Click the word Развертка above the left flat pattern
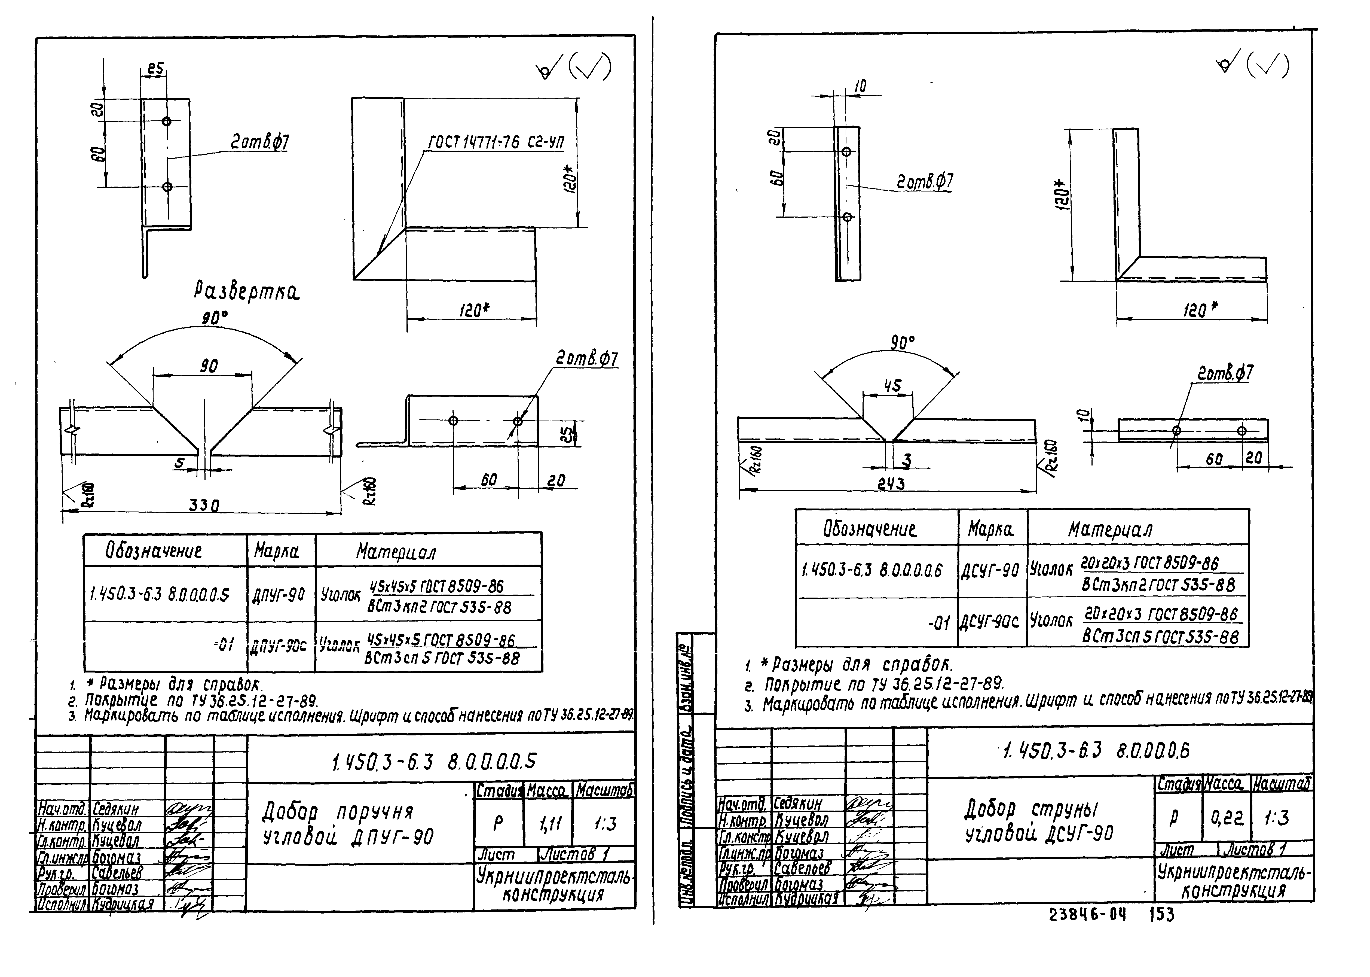pyautogui.click(x=247, y=293)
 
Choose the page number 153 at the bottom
pyautogui.click(x=1162, y=915)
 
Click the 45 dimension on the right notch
pyautogui.click(x=892, y=386)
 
